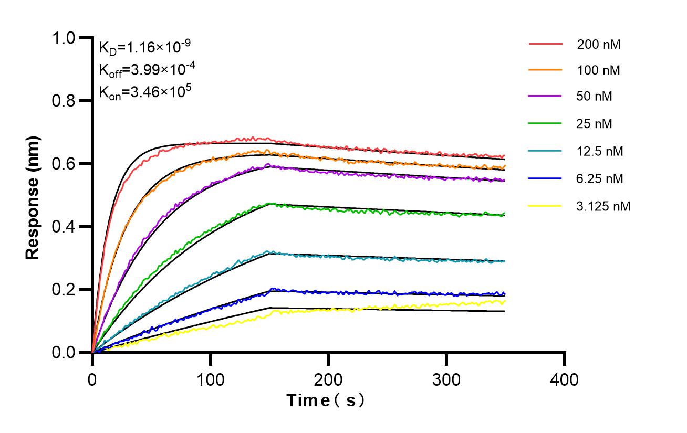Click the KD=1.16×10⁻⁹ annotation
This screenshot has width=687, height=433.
(144, 47)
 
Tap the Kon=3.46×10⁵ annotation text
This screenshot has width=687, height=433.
(144, 92)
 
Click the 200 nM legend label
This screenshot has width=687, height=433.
(599, 45)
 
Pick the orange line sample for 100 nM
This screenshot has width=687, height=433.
(545, 70)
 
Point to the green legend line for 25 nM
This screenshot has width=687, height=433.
(545, 124)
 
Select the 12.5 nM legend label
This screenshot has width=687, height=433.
(600, 152)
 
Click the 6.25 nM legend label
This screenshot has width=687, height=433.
(600, 179)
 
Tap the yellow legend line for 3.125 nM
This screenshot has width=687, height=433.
(545, 206)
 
